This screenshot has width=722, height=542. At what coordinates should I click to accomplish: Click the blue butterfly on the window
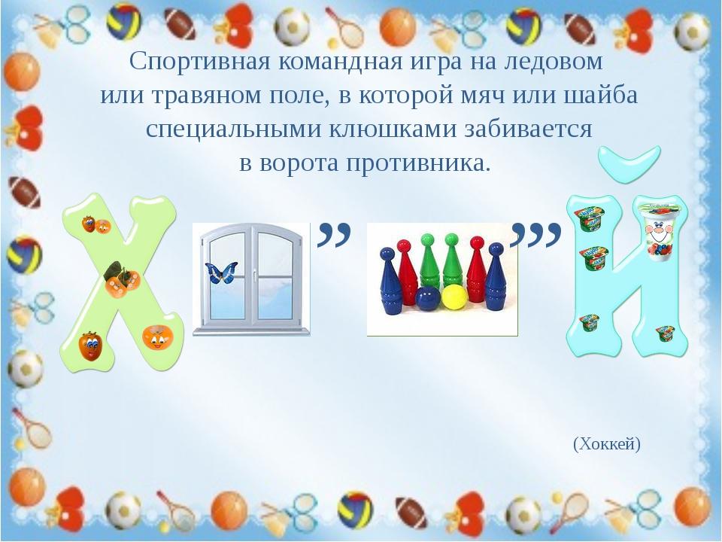(x=221, y=272)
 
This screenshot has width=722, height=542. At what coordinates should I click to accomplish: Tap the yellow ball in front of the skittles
(x=455, y=297)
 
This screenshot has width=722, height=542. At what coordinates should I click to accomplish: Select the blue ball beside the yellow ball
(x=429, y=299)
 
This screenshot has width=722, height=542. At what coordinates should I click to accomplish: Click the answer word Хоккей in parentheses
(x=607, y=444)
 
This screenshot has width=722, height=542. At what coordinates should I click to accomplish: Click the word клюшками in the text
(x=393, y=129)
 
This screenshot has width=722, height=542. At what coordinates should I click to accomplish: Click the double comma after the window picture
(x=334, y=234)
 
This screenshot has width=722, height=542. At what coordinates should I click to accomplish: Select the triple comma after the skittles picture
(x=536, y=235)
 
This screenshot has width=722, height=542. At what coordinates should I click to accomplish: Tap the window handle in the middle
(x=255, y=276)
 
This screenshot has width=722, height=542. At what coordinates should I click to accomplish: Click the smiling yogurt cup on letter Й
(x=657, y=232)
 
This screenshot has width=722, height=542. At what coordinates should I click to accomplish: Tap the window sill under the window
(x=251, y=330)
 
